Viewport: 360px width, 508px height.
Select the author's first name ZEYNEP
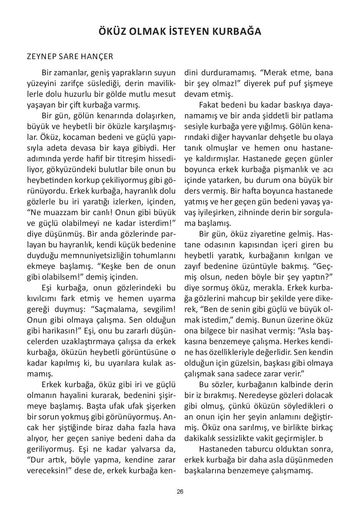pyautogui.click(x=39, y=57)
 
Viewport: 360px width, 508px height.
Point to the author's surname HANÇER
pyautogui.click(x=99, y=57)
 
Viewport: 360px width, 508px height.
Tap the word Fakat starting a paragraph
pyautogui.click(x=209, y=105)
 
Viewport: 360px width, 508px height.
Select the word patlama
pyautogui.click(x=318, y=116)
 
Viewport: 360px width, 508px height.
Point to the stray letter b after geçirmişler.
pyautogui.click(x=321, y=438)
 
